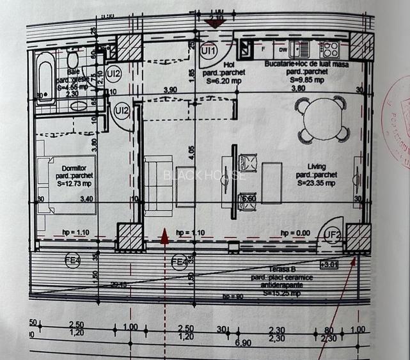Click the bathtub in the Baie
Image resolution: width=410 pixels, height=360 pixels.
[45, 78]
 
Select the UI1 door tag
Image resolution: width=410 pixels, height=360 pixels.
[209, 49]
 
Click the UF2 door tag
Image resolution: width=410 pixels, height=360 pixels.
[331, 236]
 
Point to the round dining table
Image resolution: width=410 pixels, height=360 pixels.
[324, 118]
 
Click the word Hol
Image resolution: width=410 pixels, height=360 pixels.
[228, 65]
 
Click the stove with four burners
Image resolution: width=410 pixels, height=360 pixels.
[329, 49]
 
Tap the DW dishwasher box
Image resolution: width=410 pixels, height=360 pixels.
[281, 49]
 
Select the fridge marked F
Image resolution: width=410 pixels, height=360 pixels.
[263, 49]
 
